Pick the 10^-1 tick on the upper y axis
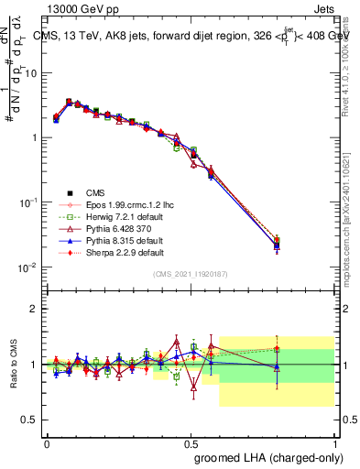coord(29,202)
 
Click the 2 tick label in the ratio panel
coord(35,309)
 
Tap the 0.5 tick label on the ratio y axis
coord(31,420)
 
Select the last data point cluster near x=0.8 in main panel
coord(277,244)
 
